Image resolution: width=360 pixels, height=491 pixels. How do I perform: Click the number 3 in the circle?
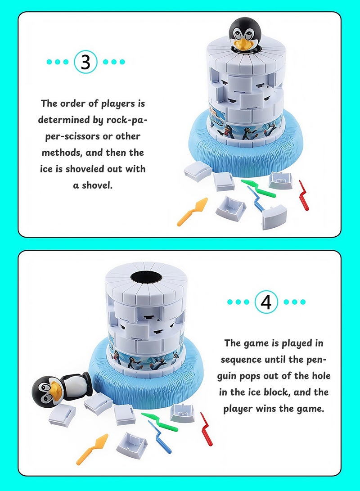click(85, 62)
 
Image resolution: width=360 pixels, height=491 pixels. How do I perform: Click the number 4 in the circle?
click(266, 302)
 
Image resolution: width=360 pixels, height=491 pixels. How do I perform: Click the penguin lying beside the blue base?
click(60, 389)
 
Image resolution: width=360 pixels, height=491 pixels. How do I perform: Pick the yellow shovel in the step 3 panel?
click(193, 211)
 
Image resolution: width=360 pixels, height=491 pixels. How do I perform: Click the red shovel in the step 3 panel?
click(304, 195)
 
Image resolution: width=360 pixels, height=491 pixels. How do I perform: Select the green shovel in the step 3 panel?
click(258, 189)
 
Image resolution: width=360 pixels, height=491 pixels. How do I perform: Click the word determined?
click(65, 120)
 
